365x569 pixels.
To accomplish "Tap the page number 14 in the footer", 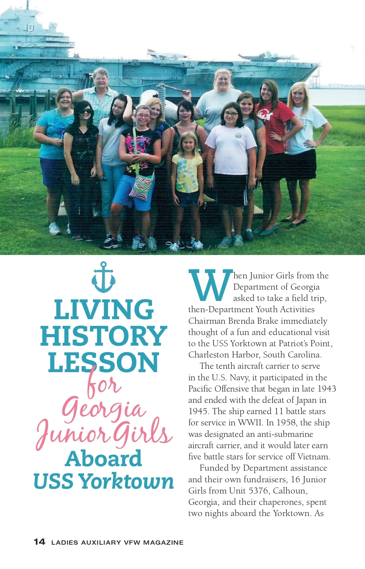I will pos(40,542).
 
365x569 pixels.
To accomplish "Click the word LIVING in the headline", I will pos(104,309).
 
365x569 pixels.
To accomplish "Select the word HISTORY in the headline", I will pos(104,336).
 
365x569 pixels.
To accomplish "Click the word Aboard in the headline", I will pos(103,459).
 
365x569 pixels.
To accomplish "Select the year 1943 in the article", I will pos(327,389).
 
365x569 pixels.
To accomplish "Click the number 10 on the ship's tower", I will pos(30,28).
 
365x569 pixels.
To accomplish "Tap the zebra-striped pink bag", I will pos(141,187).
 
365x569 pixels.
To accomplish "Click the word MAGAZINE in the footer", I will pos(163,543).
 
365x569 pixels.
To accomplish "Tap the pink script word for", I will pos(103,385).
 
